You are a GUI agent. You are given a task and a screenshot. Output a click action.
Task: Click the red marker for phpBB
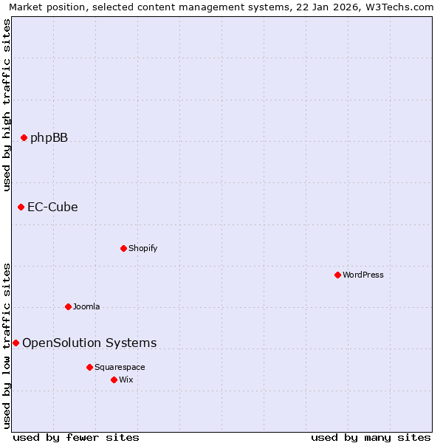click(24, 137)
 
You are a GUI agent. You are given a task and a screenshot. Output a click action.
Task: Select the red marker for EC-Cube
click(21, 207)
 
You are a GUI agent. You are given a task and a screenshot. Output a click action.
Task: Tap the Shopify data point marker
click(123, 248)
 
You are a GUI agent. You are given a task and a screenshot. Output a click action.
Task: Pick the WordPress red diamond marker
click(337, 275)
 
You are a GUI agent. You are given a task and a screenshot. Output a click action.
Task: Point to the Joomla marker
click(68, 306)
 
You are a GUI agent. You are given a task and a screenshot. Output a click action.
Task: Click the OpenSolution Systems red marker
click(16, 343)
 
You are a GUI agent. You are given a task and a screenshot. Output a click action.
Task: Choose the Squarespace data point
click(89, 367)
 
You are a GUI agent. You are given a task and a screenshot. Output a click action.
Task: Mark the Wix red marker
click(114, 380)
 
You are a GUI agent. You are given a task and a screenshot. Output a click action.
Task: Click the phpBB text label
click(49, 137)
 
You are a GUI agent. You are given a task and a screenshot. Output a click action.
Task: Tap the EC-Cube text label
click(52, 207)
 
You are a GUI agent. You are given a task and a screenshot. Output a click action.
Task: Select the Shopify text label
click(142, 248)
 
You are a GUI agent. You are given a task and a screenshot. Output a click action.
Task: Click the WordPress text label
click(363, 275)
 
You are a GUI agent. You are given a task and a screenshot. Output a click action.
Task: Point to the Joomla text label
click(86, 306)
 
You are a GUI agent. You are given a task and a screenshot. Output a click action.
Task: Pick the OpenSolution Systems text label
click(89, 343)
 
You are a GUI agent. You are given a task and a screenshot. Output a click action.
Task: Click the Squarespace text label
click(120, 367)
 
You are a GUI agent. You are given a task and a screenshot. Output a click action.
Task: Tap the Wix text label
click(126, 380)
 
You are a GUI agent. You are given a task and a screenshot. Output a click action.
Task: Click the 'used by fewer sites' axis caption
click(76, 437)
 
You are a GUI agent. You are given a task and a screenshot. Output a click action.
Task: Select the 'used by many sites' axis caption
click(371, 437)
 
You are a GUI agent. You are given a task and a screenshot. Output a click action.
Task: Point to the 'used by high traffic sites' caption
click(7, 103)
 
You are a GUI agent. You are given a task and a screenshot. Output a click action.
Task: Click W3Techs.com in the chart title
click(402, 7)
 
